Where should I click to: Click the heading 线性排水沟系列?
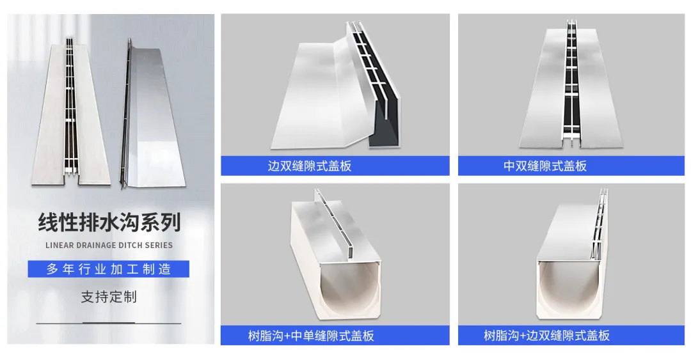point(109,222)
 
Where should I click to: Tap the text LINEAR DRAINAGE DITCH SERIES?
point(109,246)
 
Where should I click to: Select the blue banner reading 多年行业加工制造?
point(108,269)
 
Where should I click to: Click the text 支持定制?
point(109,297)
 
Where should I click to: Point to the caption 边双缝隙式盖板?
point(310,166)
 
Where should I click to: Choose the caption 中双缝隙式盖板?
point(545,166)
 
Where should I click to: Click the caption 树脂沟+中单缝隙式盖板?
point(311,336)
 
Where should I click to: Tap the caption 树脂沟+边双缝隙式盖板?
point(546,336)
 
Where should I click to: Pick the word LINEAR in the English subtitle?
point(60,246)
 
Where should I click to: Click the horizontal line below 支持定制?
point(108,324)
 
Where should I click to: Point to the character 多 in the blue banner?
point(52,269)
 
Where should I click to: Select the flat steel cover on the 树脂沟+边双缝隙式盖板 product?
point(569,231)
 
